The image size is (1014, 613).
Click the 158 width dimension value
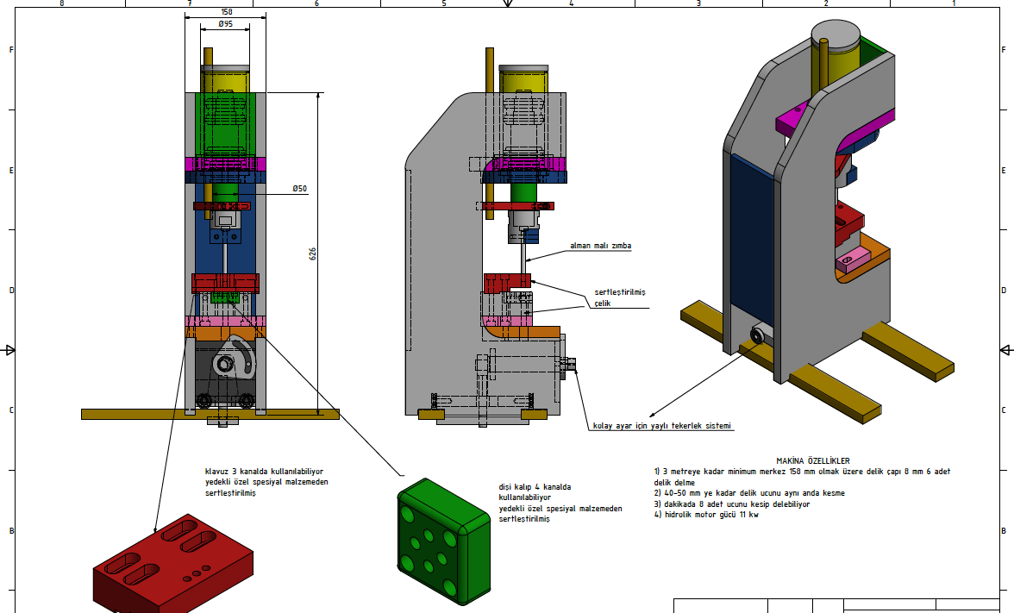pyautogui.click(x=226, y=12)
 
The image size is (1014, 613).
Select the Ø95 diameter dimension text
pyautogui.click(x=225, y=24)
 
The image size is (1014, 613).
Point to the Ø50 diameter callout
pyautogui.click(x=299, y=189)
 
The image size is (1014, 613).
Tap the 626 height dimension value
pyautogui.click(x=313, y=253)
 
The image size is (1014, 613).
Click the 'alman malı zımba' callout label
pyautogui.click(x=601, y=246)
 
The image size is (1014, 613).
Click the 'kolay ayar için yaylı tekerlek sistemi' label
pyautogui.click(x=662, y=426)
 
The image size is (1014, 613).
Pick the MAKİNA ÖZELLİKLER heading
pyautogui.click(x=813, y=461)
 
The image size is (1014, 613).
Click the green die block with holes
pyautogui.click(x=443, y=541)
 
